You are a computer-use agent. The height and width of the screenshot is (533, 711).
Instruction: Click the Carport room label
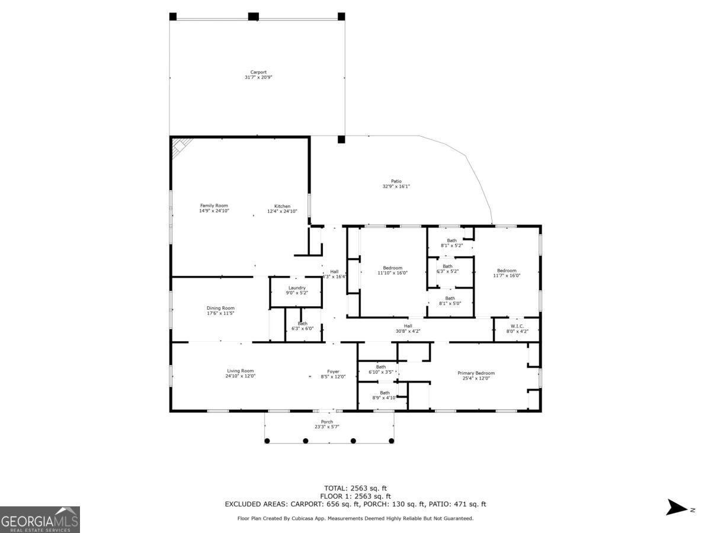pos(258,72)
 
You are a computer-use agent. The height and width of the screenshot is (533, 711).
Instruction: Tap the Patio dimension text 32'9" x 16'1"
pos(396,187)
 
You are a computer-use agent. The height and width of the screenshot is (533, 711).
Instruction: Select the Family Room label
pos(214,206)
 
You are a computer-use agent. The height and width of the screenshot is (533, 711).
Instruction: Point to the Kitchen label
pos(282,206)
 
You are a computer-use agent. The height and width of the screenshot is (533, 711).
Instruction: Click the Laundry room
pos(296,292)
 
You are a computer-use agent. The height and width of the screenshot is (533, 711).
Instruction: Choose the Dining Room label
pos(220,308)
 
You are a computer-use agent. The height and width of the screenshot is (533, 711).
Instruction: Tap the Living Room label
pos(241,371)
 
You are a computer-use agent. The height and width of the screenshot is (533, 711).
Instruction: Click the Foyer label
pos(333,371)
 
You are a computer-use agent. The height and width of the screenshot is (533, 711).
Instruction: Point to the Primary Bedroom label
pos(476,373)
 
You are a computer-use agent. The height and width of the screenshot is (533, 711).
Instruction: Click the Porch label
pos(326,422)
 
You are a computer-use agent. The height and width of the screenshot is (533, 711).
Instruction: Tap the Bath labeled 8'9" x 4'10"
pos(385,393)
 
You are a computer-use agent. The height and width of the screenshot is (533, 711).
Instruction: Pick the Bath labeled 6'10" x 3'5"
pos(380,367)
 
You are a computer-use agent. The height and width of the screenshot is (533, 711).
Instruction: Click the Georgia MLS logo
pos(40,520)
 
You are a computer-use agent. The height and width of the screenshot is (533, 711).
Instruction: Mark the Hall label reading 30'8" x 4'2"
pos(408,329)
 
